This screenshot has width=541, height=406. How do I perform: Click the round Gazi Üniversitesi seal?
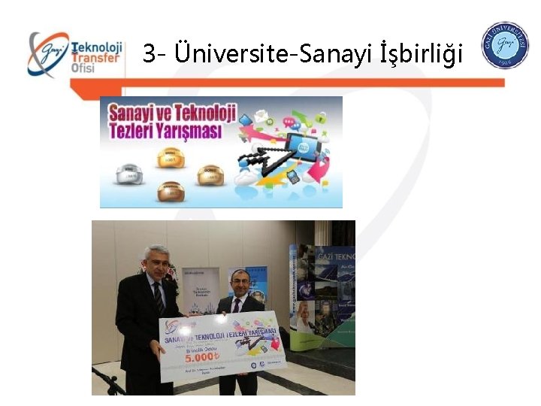[x=504, y=45]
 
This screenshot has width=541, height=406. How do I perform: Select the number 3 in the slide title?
[x=150, y=53]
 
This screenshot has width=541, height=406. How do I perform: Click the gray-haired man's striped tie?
[x=159, y=298]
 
